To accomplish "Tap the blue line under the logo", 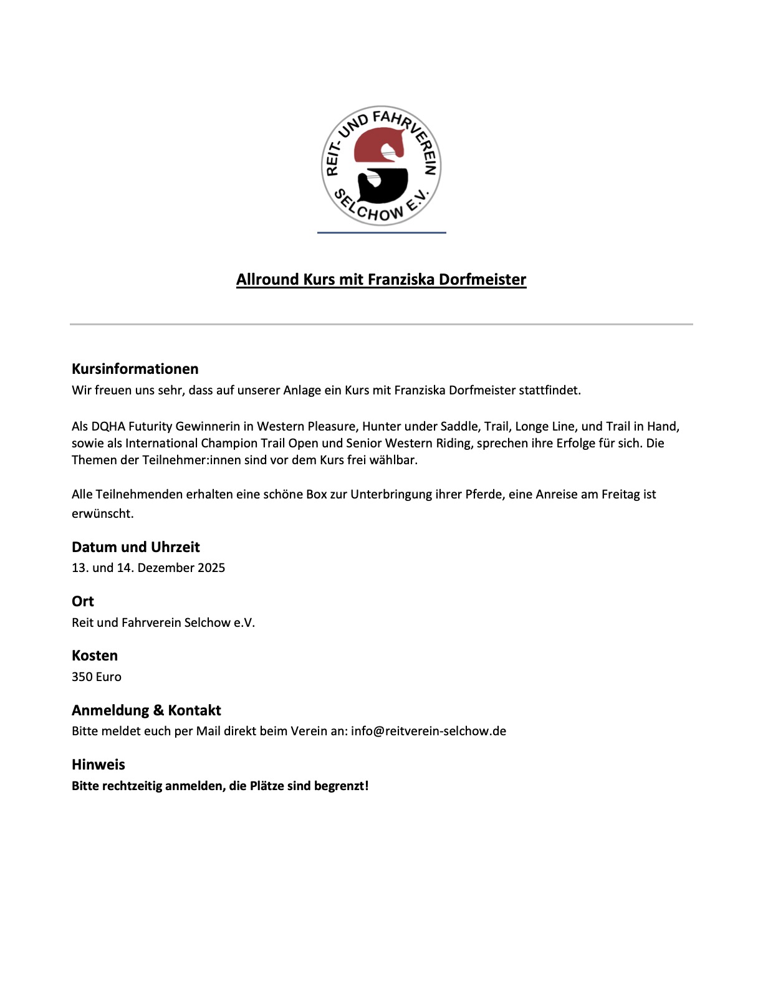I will tap(381, 232).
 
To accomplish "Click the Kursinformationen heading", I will tap(135, 369).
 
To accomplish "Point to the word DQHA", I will tap(108, 427).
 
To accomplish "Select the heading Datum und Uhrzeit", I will tap(135, 547).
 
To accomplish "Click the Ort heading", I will tap(82, 601).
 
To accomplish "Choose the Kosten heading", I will tap(94, 656).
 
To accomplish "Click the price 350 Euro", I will tap(96, 677).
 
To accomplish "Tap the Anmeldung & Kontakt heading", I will tap(146, 710).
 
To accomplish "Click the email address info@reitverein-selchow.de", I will tap(428, 732).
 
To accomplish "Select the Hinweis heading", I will tap(98, 765).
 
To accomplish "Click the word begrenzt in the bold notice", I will tap(340, 786).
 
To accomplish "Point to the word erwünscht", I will tap(102, 514).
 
